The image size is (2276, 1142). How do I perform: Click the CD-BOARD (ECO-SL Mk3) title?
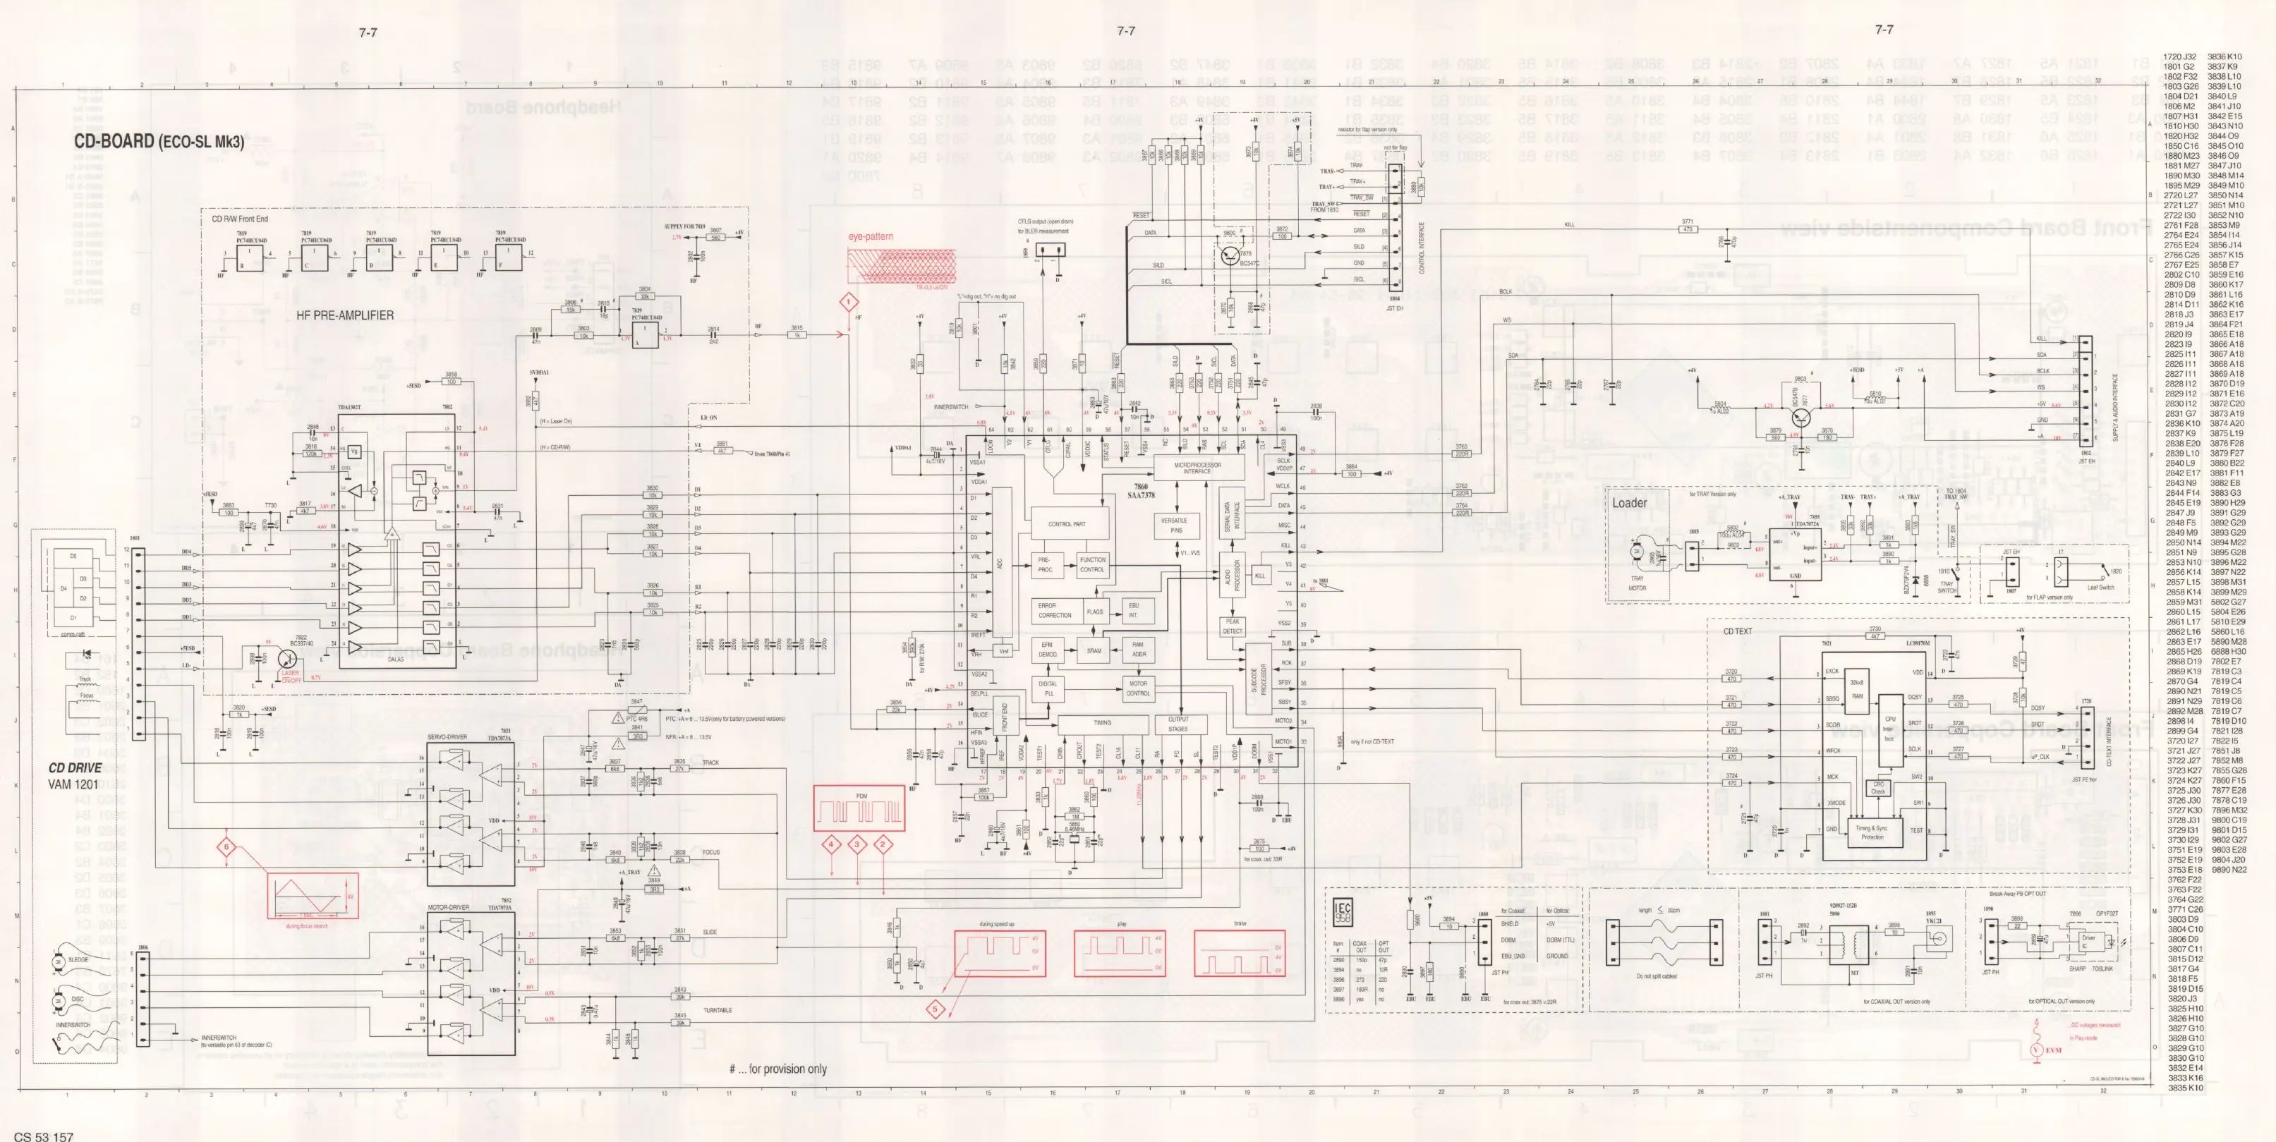click(158, 141)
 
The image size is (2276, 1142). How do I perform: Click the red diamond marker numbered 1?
click(849, 303)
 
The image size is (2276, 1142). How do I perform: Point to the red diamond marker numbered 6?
click(226, 848)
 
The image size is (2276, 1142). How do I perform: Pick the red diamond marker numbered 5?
click(935, 1009)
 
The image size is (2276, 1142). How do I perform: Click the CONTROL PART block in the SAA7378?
click(1067, 524)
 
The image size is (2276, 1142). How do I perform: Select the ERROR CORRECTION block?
click(1054, 610)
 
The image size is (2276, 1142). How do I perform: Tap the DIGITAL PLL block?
click(1048, 688)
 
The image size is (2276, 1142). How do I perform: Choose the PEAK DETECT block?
click(1233, 626)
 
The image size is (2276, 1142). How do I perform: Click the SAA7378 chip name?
click(1141, 495)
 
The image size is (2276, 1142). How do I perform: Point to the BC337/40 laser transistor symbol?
click(291, 658)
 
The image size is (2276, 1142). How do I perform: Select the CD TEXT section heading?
click(1737, 631)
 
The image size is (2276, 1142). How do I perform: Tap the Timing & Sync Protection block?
click(1871, 832)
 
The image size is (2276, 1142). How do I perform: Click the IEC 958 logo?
click(1342, 912)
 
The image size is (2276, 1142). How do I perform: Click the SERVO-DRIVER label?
click(447, 736)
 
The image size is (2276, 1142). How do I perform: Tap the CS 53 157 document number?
click(44, 1136)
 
